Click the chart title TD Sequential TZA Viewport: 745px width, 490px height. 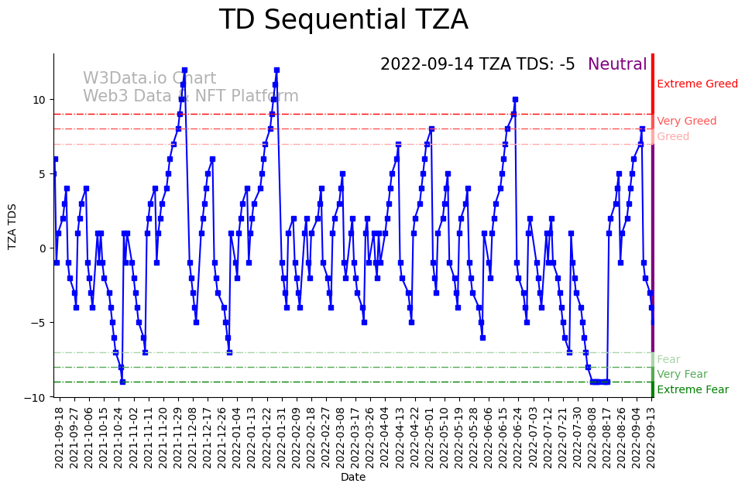tap(343, 20)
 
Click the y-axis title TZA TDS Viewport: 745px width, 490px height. tap(12, 225)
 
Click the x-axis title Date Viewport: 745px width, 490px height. tap(352, 478)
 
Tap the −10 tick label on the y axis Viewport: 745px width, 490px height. tap(37, 397)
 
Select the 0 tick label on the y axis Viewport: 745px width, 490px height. tap(43, 248)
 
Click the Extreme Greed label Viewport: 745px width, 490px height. tap(697, 84)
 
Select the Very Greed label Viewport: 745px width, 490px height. tap(686, 122)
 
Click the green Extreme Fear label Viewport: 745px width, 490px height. tap(692, 390)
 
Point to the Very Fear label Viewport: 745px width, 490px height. tap(681, 375)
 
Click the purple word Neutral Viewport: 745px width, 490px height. tap(617, 65)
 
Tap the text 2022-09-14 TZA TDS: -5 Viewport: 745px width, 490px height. tap(477, 65)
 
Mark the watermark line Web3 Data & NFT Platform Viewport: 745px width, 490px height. tap(191, 97)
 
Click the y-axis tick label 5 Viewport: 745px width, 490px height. tap(43, 174)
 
